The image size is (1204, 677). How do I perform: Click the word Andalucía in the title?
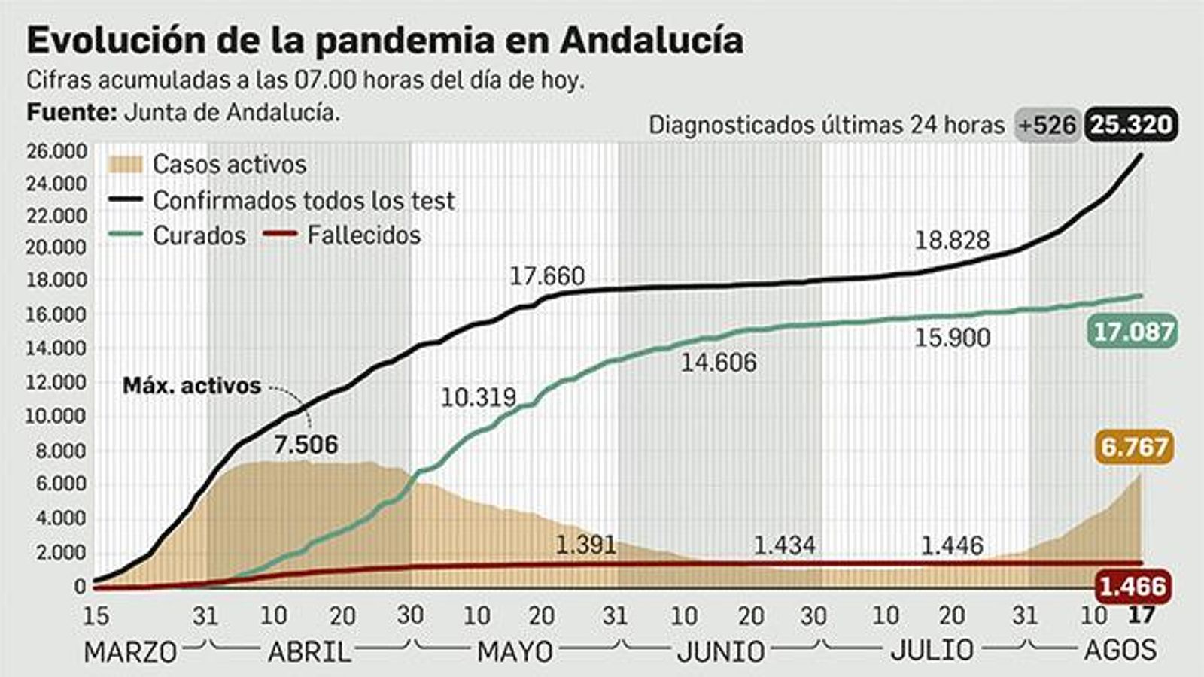click(x=651, y=40)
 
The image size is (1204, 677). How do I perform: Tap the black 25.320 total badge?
click(x=1131, y=124)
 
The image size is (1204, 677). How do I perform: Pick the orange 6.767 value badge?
click(x=1133, y=447)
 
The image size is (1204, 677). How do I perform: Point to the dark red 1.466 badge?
click(x=1133, y=586)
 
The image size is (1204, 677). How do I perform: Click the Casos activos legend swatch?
click(x=125, y=164)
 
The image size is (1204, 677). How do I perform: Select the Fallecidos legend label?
click(x=363, y=235)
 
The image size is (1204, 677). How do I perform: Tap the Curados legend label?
click(x=199, y=235)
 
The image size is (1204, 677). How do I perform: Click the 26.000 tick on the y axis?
click(x=56, y=151)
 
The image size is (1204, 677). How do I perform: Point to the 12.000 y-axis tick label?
click(x=56, y=382)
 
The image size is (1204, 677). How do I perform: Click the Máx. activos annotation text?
click(x=192, y=386)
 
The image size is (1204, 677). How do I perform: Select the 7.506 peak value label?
click(x=306, y=445)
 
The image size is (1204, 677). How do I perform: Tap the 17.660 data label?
click(x=547, y=276)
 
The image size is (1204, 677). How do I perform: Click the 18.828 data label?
click(x=952, y=240)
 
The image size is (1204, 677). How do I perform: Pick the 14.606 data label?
click(x=719, y=363)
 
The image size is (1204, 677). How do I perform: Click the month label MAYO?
click(x=515, y=651)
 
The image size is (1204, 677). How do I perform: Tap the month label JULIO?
click(x=932, y=650)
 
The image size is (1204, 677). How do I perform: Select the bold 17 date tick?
click(x=1141, y=615)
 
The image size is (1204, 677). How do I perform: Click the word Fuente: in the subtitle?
click(x=71, y=112)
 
